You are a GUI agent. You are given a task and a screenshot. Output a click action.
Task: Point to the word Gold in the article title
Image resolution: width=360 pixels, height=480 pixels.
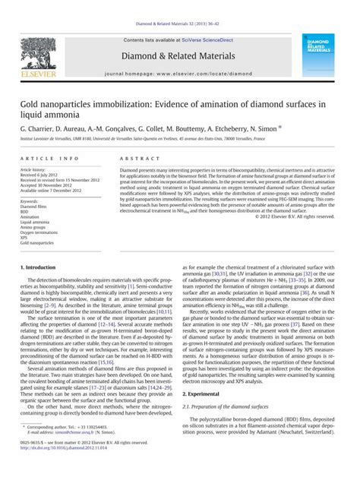[x=33, y=102]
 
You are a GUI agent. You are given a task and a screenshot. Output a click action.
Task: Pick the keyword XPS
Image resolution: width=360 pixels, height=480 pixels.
[x=24, y=237]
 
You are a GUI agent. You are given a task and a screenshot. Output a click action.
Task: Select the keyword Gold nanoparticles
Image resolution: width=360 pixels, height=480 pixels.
[x=36, y=242]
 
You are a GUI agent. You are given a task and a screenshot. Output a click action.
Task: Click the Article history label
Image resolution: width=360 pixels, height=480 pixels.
[x=33, y=169]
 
